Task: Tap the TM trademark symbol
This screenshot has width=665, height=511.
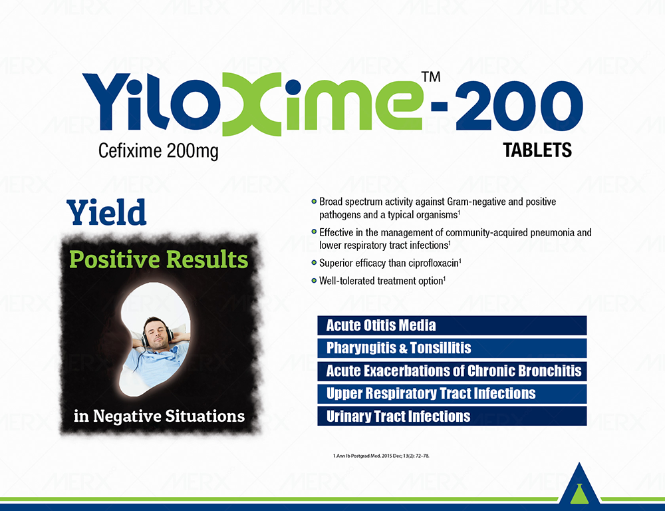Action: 431,77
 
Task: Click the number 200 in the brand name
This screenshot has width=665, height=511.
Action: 519,105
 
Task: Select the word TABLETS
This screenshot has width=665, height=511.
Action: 537,150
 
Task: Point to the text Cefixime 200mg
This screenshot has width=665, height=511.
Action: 158,151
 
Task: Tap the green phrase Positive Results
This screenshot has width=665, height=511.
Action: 159,259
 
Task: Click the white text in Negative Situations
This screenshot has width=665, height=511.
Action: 159,416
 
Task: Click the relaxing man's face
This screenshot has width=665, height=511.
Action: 155,334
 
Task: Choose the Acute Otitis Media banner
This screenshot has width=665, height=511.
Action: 452,325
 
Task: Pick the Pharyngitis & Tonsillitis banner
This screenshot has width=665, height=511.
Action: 452,348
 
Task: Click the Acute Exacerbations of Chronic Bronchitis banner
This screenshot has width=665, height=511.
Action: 452,371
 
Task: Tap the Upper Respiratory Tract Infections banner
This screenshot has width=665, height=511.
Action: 452,393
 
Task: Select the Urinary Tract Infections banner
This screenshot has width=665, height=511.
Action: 452,417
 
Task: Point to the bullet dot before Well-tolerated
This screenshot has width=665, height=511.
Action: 315,281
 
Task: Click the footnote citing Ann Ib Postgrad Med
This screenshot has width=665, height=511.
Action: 381,456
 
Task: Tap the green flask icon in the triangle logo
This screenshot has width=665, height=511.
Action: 579,494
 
